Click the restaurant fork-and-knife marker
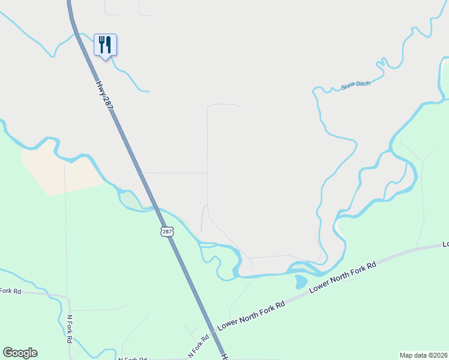[105, 44]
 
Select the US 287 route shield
[167, 232]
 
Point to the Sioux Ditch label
[355, 85]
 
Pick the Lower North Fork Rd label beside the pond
[342, 277]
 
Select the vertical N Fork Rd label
[70, 329]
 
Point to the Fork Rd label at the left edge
[10, 291]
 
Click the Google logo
[20, 353]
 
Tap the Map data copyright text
[423, 355]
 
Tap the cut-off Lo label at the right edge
[445, 245]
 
